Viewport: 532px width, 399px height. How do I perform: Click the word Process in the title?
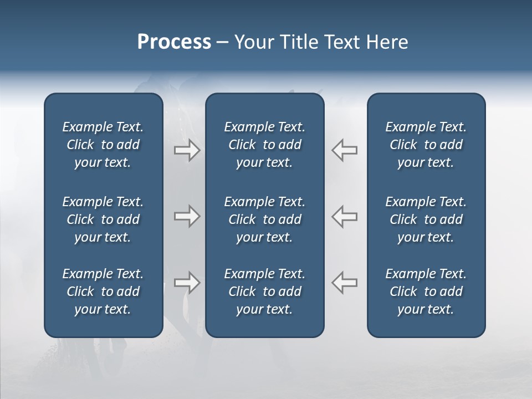pyautogui.click(x=174, y=42)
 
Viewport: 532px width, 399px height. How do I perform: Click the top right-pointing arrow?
pyautogui.click(x=187, y=150)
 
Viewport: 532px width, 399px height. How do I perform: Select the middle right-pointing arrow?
pyautogui.click(x=187, y=216)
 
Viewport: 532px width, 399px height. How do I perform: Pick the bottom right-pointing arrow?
pyautogui.click(x=187, y=283)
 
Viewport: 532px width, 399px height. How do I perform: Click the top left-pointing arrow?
pyautogui.click(x=344, y=150)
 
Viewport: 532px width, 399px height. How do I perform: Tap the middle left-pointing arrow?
pyautogui.click(x=344, y=216)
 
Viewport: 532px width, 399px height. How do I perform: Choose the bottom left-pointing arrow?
pyautogui.click(x=344, y=283)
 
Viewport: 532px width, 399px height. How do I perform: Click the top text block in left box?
pyautogui.click(x=103, y=145)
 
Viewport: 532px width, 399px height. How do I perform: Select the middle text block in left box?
pyautogui.click(x=103, y=219)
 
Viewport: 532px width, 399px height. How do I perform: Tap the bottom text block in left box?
pyautogui.click(x=103, y=291)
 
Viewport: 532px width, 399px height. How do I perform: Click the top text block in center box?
pyautogui.click(x=264, y=145)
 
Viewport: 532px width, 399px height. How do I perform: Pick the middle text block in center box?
pyautogui.click(x=264, y=219)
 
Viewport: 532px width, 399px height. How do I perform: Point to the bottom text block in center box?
pyautogui.click(x=264, y=291)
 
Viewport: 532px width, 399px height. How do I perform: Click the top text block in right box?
pyautogui.click(x=426, y=145)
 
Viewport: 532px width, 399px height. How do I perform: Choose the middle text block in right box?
pyautogui.click(x=426, y=219)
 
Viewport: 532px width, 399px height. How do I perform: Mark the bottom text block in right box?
pyautogui.click(x=426, y=291)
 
